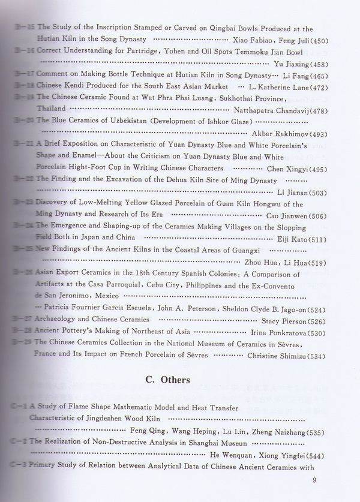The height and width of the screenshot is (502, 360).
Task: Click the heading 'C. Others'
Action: tap(167, 380)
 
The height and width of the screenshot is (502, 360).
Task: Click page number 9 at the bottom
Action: tap(314, 480)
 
